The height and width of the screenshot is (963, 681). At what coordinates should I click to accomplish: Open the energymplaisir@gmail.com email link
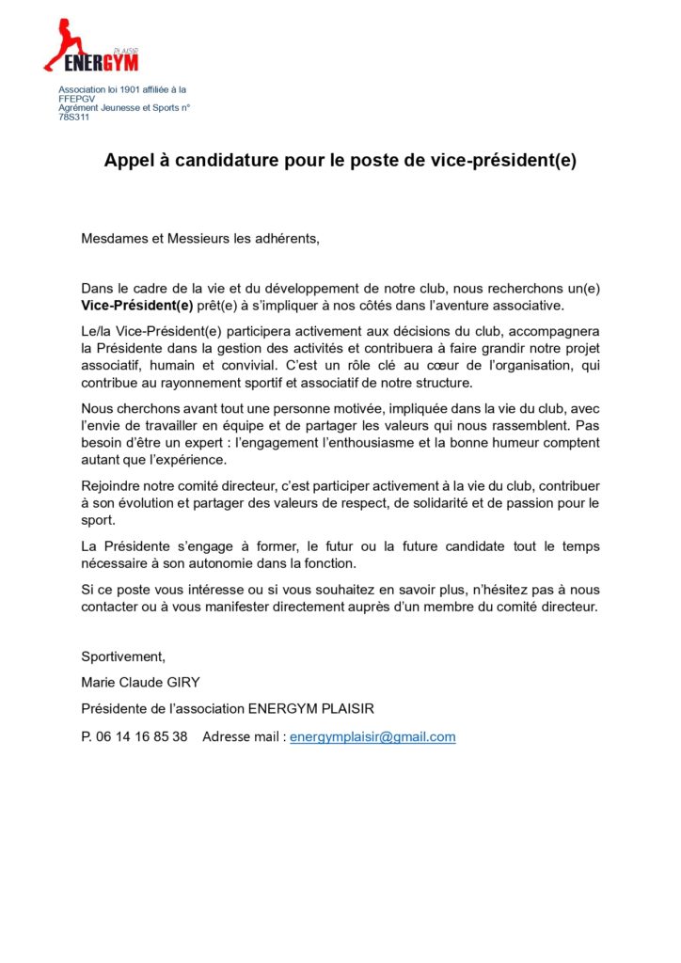click(x=372, y=736)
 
